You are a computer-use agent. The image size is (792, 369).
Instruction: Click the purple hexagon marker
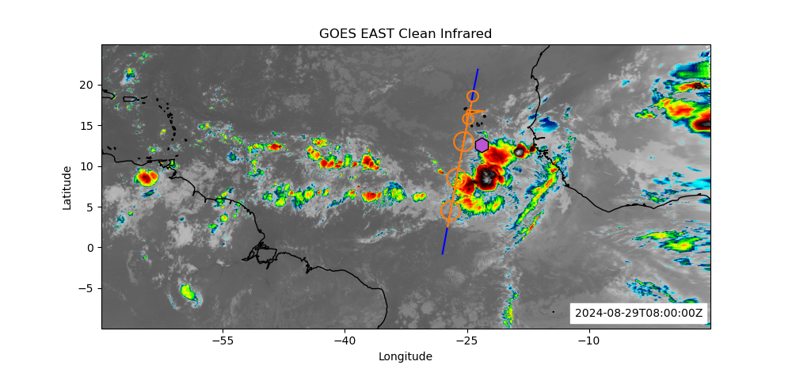tap(482, 145)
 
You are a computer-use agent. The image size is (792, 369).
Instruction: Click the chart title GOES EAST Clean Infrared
tap(406, 33)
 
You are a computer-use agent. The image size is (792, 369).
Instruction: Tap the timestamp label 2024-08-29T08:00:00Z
tap(638, 313)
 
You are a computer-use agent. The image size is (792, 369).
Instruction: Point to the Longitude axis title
tap(406, 356)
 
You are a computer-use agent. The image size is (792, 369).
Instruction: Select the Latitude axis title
tap(67, 187)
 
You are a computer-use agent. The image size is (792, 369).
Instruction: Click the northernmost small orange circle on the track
tap(473, 96)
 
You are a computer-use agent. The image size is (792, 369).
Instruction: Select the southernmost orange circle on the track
tap(450, 211)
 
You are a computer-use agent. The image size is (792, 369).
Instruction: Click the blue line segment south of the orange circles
tap(445, 238)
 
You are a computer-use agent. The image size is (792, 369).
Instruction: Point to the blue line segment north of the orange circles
tap(475, 80)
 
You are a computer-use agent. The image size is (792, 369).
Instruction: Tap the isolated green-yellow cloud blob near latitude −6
tap(188, 294)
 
